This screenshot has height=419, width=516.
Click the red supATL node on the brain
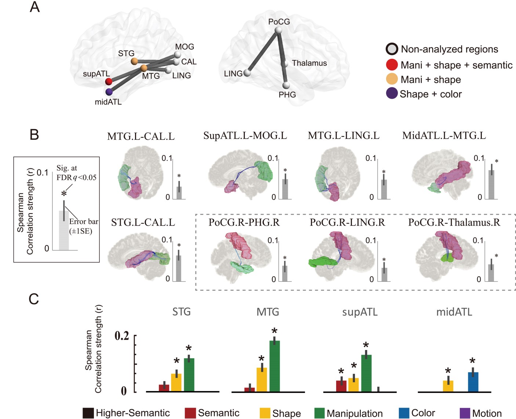108,81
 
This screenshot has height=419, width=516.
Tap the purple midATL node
109,92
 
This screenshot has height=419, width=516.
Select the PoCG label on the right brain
279,22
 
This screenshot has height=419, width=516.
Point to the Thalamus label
309,63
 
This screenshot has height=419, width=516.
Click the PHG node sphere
286,86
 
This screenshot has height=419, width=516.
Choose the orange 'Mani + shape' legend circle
392,79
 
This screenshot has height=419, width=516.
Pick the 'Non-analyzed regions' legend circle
392,49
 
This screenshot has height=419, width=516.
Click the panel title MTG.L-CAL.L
141,136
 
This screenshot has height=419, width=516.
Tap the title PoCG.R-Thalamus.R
454,222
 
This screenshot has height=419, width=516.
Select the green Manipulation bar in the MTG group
275,366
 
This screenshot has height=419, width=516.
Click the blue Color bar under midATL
473,382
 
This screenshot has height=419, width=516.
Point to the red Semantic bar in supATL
341,386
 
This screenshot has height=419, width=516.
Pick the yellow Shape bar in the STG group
176,383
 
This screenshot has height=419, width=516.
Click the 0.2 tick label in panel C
122,336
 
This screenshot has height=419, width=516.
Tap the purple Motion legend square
465,413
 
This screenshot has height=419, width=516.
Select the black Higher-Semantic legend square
88,413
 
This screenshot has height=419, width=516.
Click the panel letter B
34,135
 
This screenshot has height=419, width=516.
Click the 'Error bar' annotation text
84,222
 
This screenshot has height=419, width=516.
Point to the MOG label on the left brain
184,47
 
